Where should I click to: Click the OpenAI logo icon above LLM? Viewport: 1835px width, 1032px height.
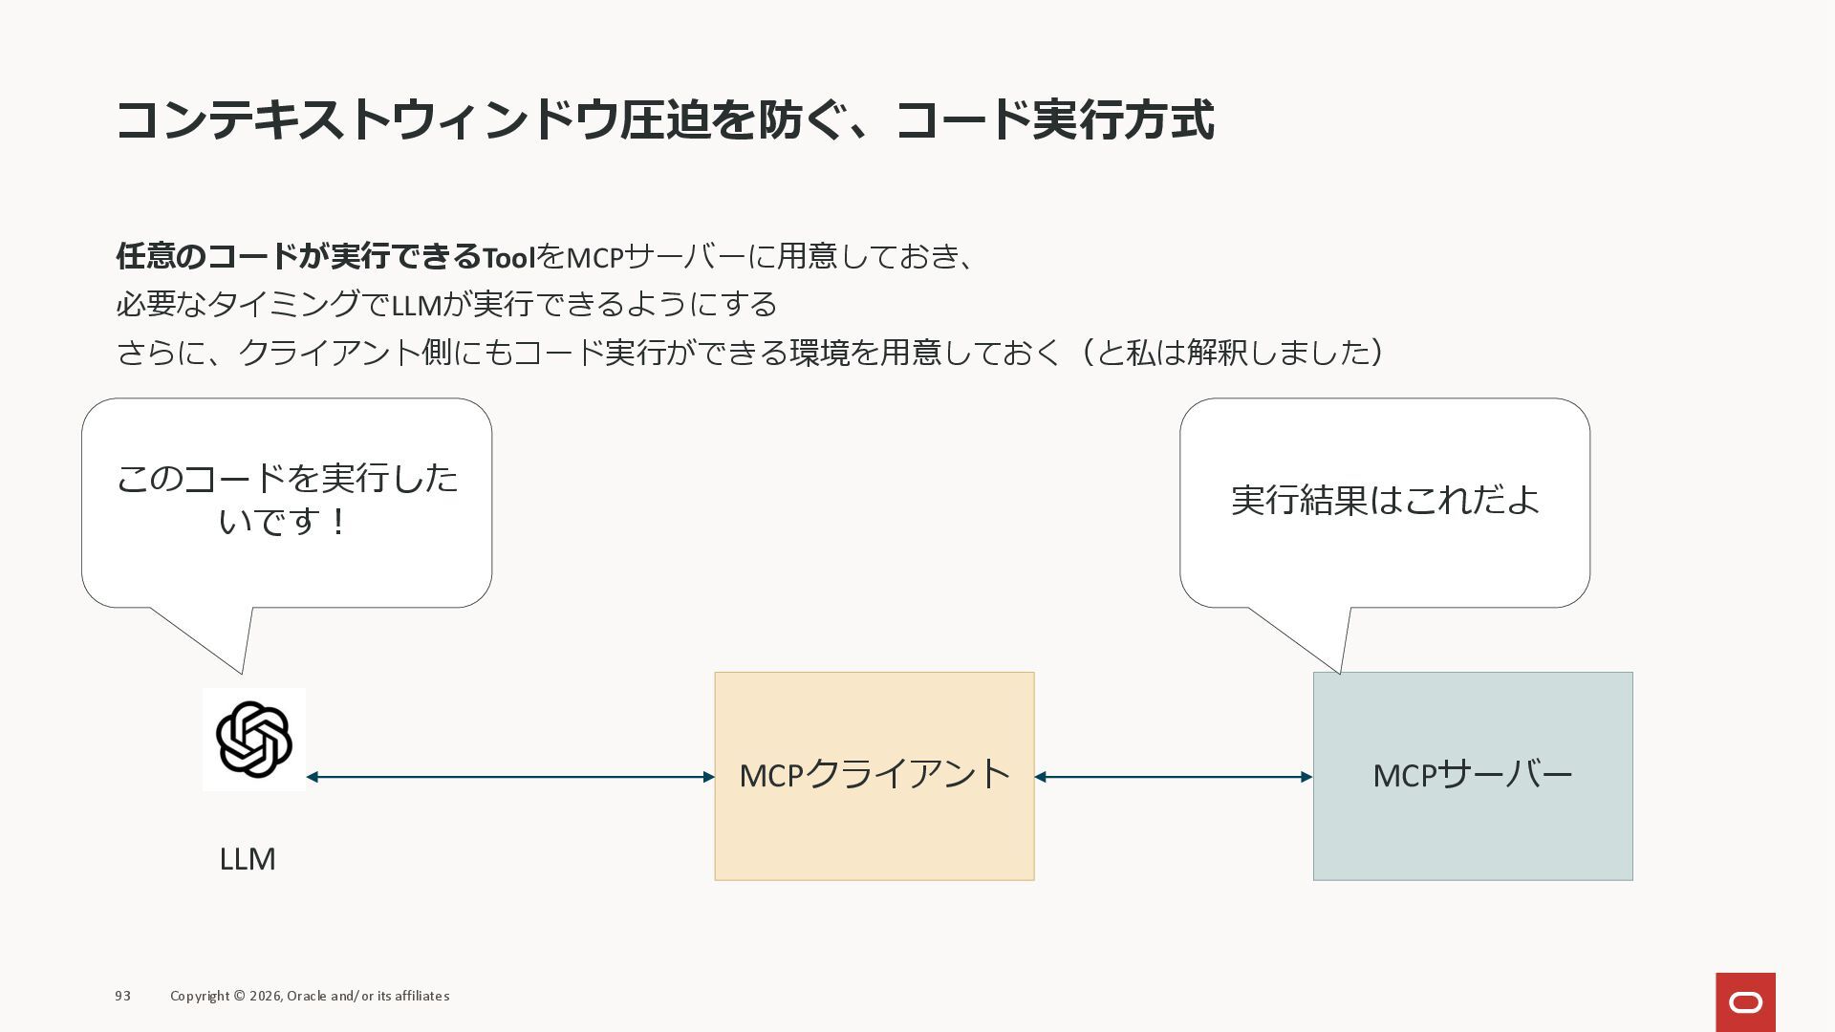click(254, 739)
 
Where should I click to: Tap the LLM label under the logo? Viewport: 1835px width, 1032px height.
click(248, 859)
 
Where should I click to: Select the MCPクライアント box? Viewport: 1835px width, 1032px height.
click(874, 775)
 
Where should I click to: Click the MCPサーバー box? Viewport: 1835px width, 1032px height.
click(1472, 775)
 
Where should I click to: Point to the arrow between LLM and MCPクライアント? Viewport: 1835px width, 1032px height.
click(510, 777)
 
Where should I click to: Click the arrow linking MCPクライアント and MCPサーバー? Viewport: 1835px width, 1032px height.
click(1174, 777)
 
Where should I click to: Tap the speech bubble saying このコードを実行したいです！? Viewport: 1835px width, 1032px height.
click(287, 502)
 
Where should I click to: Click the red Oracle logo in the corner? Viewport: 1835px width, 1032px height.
click(1745, 1002)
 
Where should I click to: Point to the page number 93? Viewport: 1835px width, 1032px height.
click(123, 996)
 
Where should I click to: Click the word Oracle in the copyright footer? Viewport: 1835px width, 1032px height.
click(307, 996)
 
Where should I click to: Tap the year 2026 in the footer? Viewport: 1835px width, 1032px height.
click(266, 996)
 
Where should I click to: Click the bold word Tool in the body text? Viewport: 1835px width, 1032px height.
click(508, 257)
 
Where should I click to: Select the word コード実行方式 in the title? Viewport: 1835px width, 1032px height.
click(1054, 120)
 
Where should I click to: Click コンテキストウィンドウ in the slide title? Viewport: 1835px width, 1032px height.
click(367, 120)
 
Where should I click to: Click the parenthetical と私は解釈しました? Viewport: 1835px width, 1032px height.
click(1233, 353)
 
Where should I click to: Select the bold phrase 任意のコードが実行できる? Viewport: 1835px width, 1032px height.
click(298, 256)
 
